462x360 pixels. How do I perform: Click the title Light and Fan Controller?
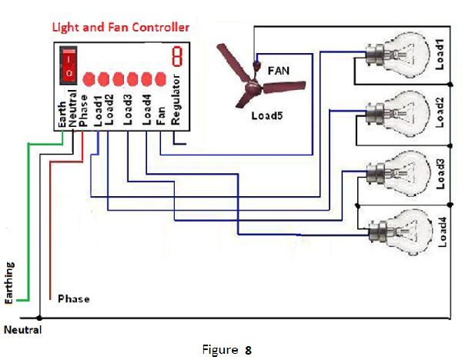point(120,27)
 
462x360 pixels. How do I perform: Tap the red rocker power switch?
point(69,65)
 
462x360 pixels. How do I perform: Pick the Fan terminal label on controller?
point(160,114)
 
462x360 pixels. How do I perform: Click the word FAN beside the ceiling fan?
point(278,70)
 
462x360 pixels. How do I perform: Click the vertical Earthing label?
point(9,285)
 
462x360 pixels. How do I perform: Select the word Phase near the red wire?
point(74,298)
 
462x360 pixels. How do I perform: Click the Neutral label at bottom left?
point(23,330)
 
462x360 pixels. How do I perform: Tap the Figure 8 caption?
point(228,350)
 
